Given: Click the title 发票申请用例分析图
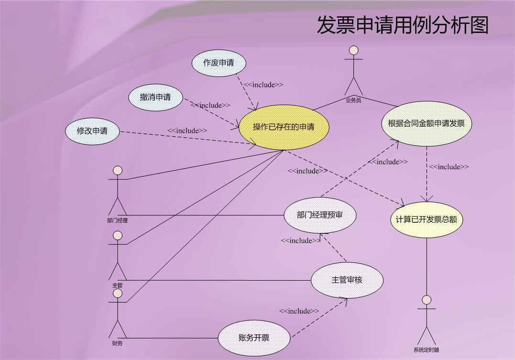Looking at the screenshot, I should [402, 25].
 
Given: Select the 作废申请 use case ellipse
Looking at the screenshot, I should [219, 63].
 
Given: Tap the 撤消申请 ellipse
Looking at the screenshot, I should [156, 97].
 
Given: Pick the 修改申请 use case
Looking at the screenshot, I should [92, 131].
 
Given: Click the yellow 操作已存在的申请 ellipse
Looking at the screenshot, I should [284, 127].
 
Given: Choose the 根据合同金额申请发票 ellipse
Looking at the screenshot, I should [427, 123].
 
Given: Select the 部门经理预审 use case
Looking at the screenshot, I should [320, 215].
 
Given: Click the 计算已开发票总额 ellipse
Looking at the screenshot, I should [427, 219].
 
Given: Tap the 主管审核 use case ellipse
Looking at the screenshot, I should [347, 280].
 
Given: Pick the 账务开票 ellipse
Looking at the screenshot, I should [254, 338].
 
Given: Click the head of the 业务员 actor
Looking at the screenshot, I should [353, 50].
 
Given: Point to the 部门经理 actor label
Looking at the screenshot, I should [118, 221].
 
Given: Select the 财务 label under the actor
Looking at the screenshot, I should [118, 343].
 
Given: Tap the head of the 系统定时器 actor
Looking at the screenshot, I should [427, 300].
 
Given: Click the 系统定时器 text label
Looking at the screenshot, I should [427, 350].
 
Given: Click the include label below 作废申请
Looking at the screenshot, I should [263, 85].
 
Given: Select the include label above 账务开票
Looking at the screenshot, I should [299, 311].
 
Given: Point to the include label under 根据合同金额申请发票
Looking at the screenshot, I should [449, 167].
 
